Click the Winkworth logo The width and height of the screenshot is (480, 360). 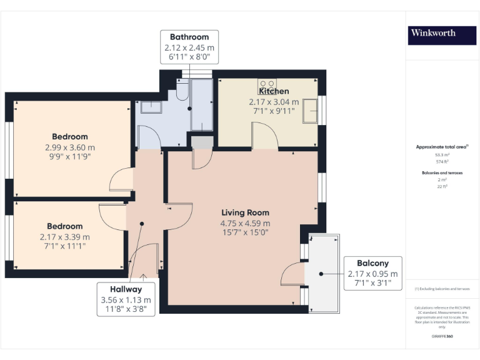(432, 33)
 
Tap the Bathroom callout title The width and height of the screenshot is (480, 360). (189, 37)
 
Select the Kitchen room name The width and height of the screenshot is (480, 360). (274, 92)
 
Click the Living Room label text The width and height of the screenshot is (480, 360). (245, 212)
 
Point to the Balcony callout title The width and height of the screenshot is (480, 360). (372, 263)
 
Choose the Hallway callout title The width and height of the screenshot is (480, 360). (126, 289)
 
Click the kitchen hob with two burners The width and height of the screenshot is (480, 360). (267, 83)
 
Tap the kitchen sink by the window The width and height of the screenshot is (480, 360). (311, 112)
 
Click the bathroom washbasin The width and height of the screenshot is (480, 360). (151, 107)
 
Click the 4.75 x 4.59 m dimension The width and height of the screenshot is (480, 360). (245, 223)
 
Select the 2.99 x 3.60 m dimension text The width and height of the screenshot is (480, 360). (69, 147)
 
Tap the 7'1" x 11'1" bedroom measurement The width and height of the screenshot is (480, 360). (65, 246)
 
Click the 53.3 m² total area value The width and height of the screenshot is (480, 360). (442, 154)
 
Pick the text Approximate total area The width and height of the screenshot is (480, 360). (441, 147)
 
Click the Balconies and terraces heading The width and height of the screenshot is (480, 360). (442, 171)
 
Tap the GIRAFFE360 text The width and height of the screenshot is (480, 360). (442, 337)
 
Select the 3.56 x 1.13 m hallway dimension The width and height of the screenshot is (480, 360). (126, 299)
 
